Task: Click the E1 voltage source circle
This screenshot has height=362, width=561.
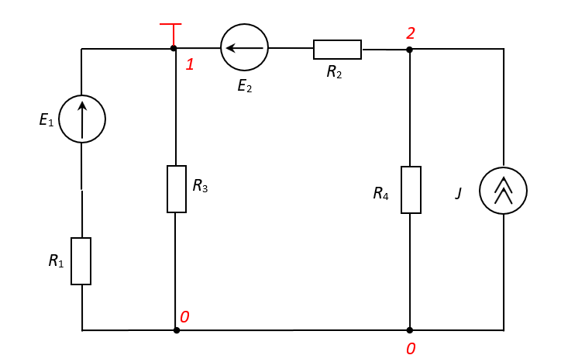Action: pos(81,119)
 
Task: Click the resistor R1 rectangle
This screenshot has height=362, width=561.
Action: pos(81,261)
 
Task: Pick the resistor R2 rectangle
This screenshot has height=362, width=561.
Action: pos(337,49)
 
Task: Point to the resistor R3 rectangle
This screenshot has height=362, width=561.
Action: pos(177,189)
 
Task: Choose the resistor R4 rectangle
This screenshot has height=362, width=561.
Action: pos(410,189)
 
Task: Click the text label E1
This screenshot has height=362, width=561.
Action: pos(46,121)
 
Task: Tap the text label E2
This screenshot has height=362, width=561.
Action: pos(244,85)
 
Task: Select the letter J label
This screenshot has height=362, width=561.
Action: pos(459,193)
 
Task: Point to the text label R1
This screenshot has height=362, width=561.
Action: pos(56,261)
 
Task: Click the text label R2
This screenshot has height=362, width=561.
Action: pos(335,72)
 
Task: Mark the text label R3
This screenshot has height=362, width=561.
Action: pos(200,186)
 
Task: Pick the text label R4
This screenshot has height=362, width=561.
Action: pos(380,193)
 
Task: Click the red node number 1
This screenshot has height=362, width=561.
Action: pos(189,64)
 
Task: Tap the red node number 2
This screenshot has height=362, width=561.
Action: pos(411,33)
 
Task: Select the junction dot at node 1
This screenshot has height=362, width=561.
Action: pos(174,49)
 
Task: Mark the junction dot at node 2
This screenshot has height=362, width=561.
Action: pos(410,50)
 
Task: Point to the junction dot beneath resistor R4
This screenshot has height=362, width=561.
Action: pos(410,330)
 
